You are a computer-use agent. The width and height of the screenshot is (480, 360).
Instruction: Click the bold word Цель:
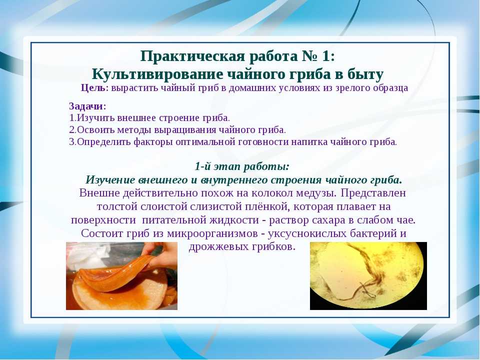[x=95, y=88]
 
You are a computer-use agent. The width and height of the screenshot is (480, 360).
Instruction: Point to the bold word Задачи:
[x=87, y=106]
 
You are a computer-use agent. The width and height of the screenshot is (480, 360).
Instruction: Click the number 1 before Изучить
[x=72, y=118]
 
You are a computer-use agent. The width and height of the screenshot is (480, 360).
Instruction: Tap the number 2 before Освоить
[x=72, y=130]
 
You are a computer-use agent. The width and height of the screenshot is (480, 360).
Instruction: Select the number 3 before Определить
[x=72, y=141]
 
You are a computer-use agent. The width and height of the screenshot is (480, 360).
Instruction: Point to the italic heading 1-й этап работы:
[x=242, y=166]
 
